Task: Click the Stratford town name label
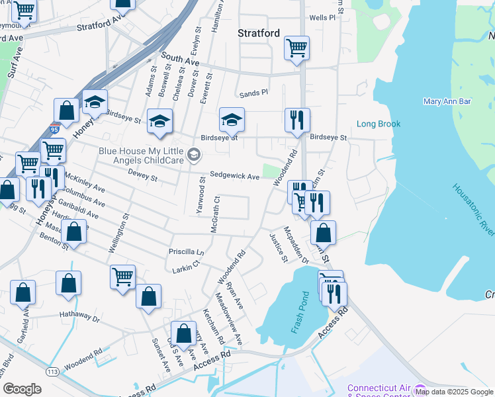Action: (259, 33)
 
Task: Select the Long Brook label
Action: (379, 124)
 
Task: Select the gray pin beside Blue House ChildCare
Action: (193, 155)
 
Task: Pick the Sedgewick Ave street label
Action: (234, 176)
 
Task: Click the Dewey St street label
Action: (144, 178)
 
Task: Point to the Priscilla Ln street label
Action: (187, 252)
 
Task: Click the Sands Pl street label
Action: (253, 93)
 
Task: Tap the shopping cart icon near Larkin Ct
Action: (122, 277)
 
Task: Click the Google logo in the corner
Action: (22, 389)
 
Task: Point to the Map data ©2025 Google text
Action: (455, 392)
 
